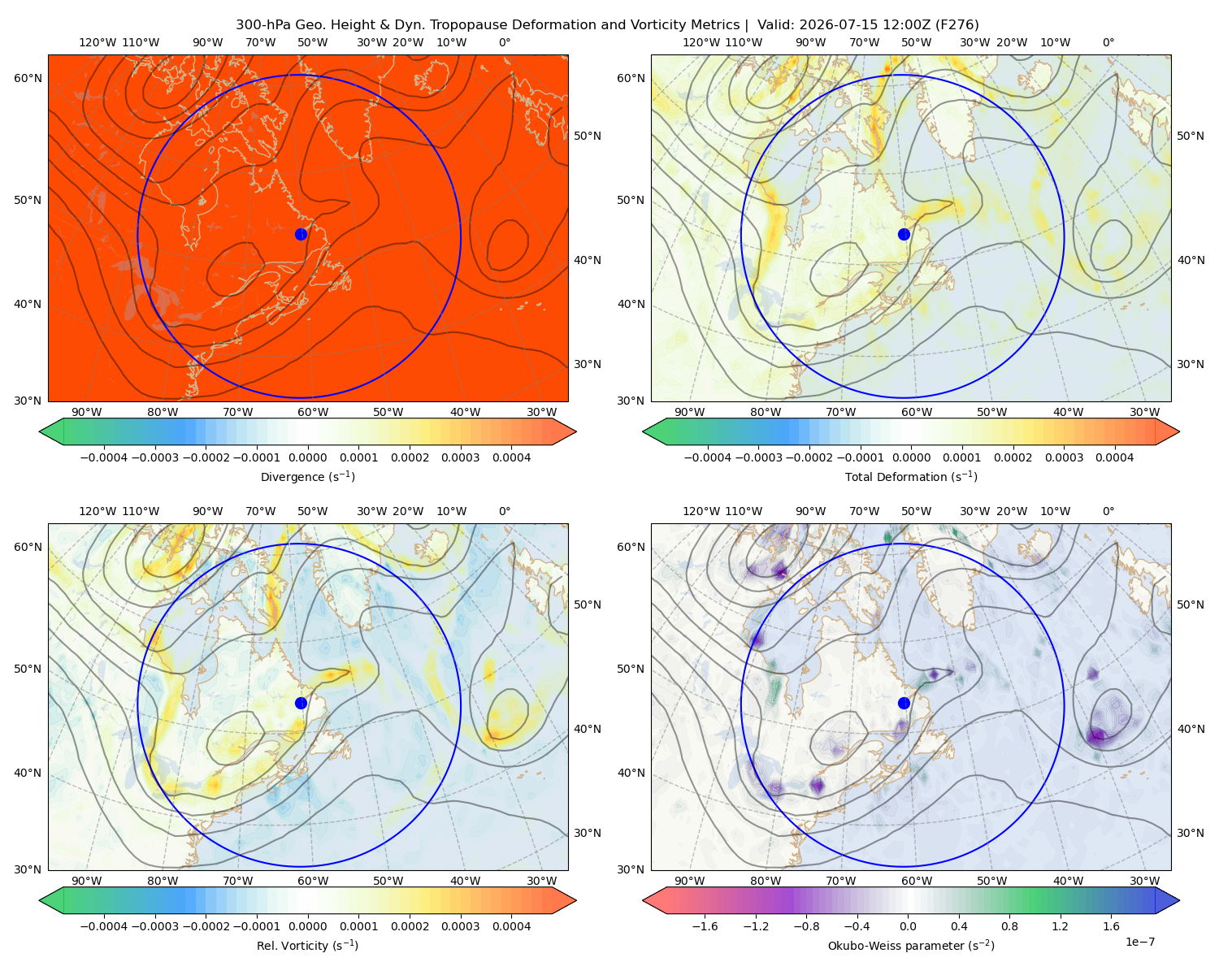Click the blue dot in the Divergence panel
(301, 234)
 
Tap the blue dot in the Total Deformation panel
(904, 234)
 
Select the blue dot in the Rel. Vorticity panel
(301, 703)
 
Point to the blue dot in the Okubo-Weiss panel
(904, 703)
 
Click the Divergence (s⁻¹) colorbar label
(307, 476)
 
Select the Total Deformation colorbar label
(911, 476)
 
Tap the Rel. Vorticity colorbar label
(307, 945)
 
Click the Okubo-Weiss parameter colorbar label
(911, 945)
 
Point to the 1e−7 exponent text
(1139, 942)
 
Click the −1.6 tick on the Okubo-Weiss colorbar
(705, 925)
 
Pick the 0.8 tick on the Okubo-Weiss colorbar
(1009, 925)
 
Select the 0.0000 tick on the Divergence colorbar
(307, 457)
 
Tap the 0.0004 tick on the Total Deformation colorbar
(1114, 457)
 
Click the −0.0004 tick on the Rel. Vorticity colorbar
(104, 925)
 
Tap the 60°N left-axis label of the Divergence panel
(28, 78)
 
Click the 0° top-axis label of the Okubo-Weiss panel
(1108, 511)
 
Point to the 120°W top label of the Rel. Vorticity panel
(98, 511)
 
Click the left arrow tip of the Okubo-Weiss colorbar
(643, 900)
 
